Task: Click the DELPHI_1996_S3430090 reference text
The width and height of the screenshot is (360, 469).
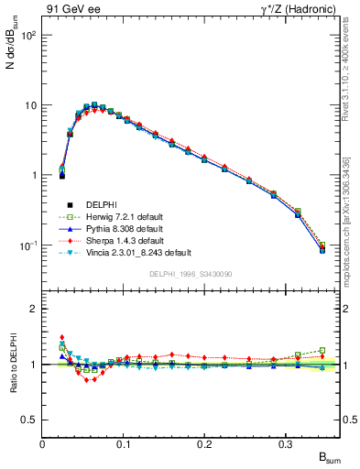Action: (x=191, y=274)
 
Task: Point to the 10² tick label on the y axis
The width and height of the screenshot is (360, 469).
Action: (x=27, y=35)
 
